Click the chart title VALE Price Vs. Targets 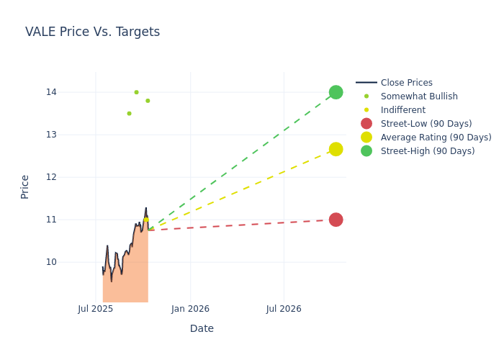92,32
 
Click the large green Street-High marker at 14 336,92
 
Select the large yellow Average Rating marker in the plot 336,149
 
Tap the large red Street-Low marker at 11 336,220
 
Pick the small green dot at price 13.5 129,114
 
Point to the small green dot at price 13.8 148,101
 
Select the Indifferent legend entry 402,110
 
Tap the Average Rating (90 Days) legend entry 436,138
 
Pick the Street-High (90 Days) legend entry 428,151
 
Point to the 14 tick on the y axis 52,92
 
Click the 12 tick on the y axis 52,177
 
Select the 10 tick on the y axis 52,262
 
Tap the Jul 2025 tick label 96,309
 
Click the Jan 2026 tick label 190,309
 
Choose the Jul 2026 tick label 284,309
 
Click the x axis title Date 202,328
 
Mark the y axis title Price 25,186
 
